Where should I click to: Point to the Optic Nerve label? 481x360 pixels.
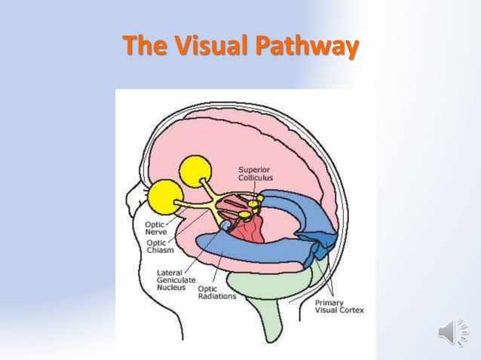click(156, 228)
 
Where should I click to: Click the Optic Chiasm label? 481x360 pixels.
click(157, 247)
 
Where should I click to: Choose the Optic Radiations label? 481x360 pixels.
click(216, 292)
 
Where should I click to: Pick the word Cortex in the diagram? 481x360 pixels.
click(351, 311)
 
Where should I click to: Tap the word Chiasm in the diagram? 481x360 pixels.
click(160, 251)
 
